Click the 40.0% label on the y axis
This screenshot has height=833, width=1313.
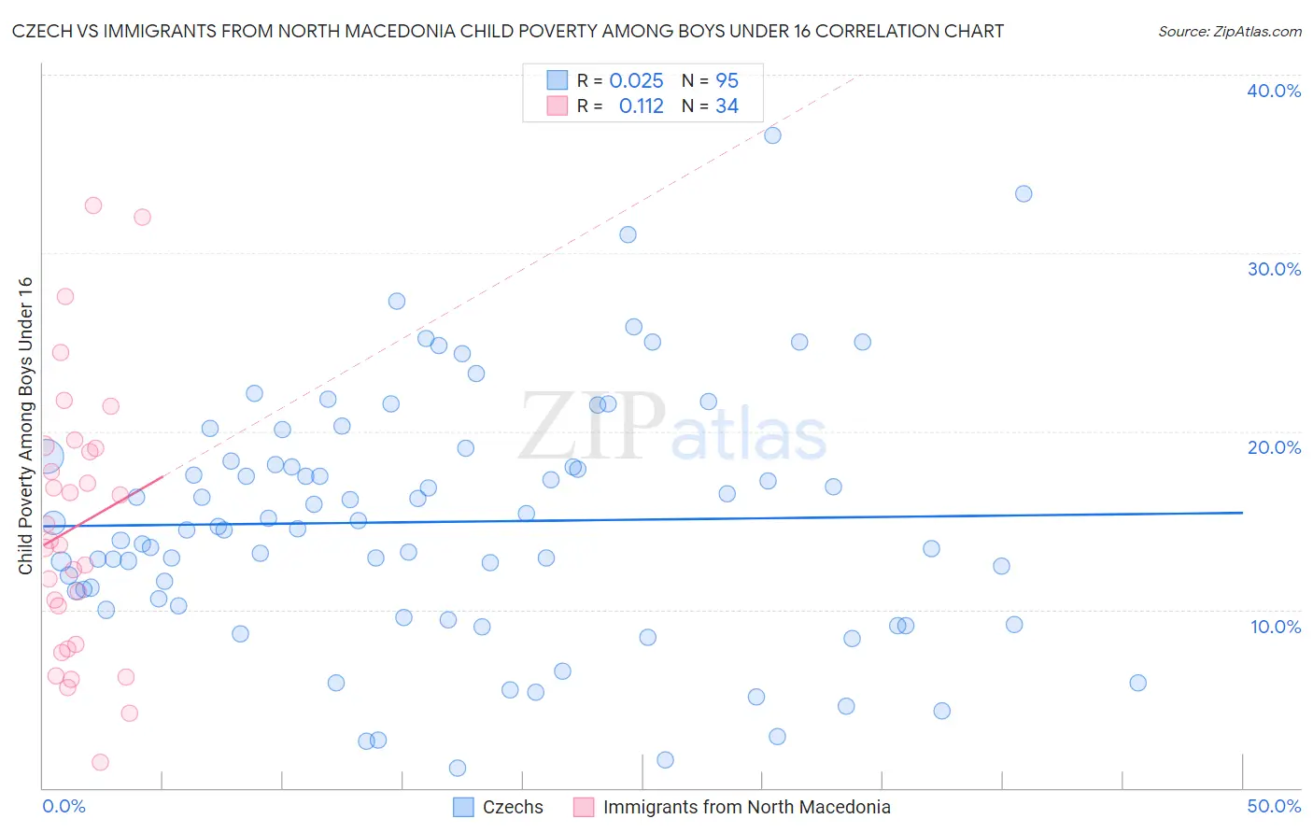(1274, 91)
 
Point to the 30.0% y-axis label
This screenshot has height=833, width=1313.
(1274, 269)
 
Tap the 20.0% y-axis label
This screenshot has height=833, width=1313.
(1274, 447)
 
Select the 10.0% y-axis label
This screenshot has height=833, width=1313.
(1276, 627)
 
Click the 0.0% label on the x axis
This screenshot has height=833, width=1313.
(64, 806)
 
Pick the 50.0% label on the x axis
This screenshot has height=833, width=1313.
(1274, 806)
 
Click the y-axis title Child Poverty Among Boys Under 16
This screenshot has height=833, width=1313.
(25, 426)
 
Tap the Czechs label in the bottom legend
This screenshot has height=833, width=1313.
(513, 807)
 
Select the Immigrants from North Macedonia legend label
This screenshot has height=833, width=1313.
(746, 807)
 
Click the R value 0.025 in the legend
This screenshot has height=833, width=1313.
(636, 81)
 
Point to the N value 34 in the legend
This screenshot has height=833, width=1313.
(727, 106)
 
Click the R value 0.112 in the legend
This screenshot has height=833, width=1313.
(641, 106)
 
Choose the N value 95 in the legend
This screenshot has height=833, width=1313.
(727, 81)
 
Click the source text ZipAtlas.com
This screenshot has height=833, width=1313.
(1230, 32)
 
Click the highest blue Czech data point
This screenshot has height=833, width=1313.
(772, 135)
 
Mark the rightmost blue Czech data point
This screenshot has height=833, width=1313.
(1137, 683)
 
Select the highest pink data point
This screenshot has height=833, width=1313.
(93, 205)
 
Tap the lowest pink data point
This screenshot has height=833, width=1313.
(100, 762)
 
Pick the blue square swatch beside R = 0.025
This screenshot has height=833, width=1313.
(558, 80)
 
